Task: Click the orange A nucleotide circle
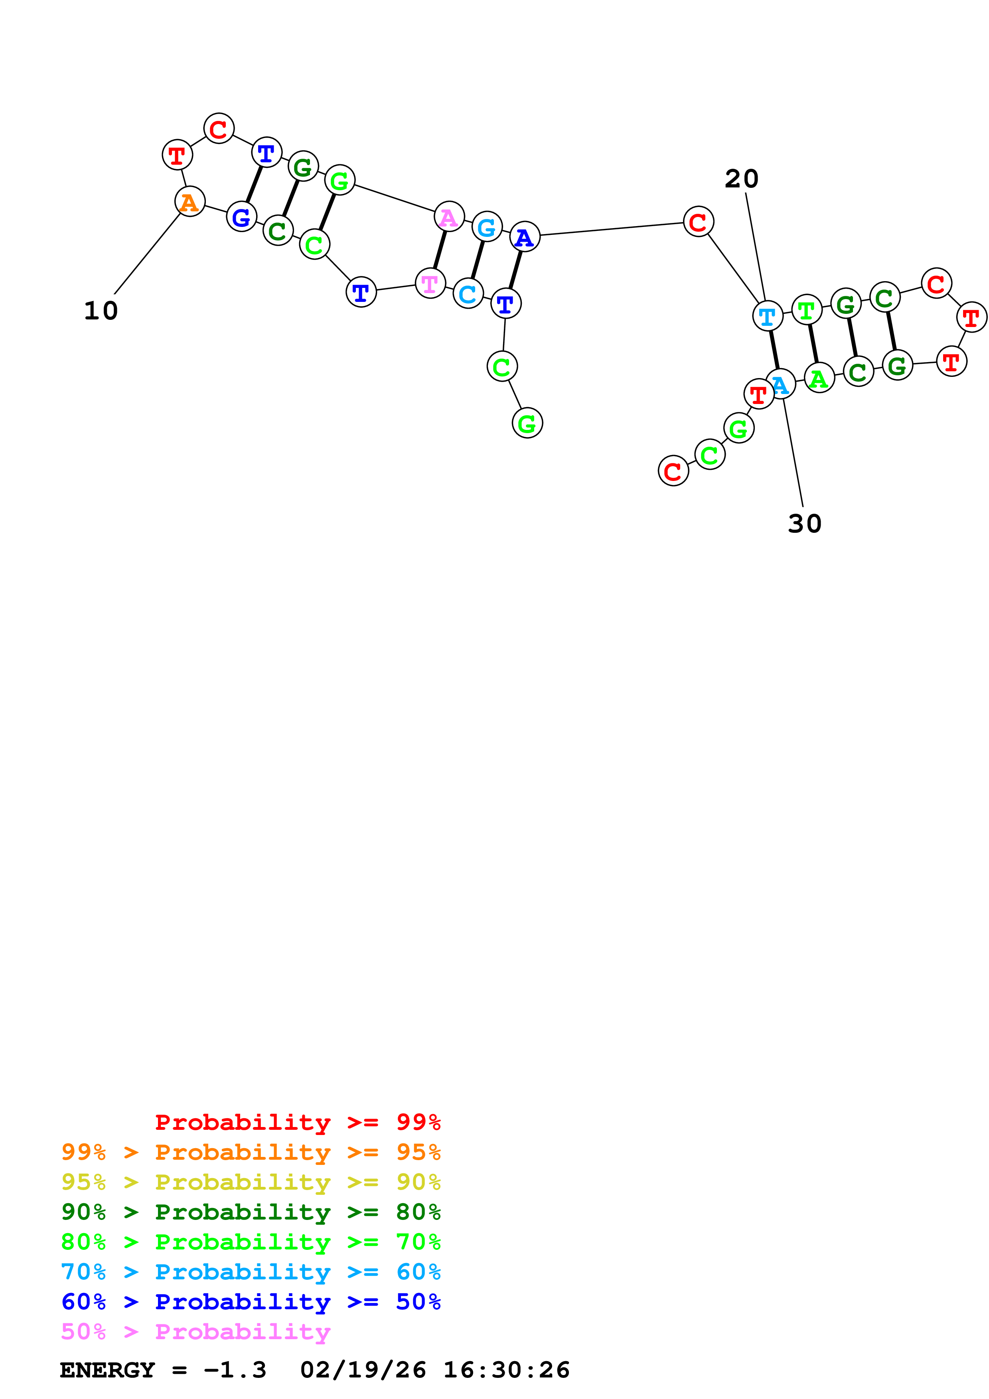(190, 202)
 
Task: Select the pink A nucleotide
(449, 217)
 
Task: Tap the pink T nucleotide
(430, 283)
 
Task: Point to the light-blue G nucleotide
(487, 227)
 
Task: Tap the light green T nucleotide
(807, 310)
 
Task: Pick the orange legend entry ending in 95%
(251, 1152)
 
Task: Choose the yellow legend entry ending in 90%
(251, 1182)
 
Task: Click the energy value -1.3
(235, 1370)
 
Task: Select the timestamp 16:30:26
(506, 1370)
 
